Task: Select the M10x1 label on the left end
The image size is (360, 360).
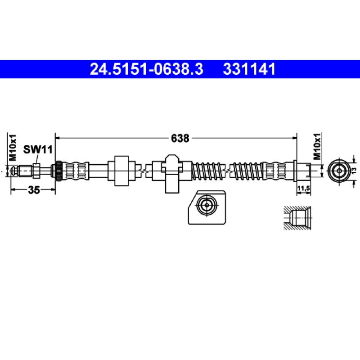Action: click(13, 148)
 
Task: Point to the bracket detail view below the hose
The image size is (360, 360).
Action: click(206, 207)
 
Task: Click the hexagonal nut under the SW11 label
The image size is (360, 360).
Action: click(37, 171)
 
